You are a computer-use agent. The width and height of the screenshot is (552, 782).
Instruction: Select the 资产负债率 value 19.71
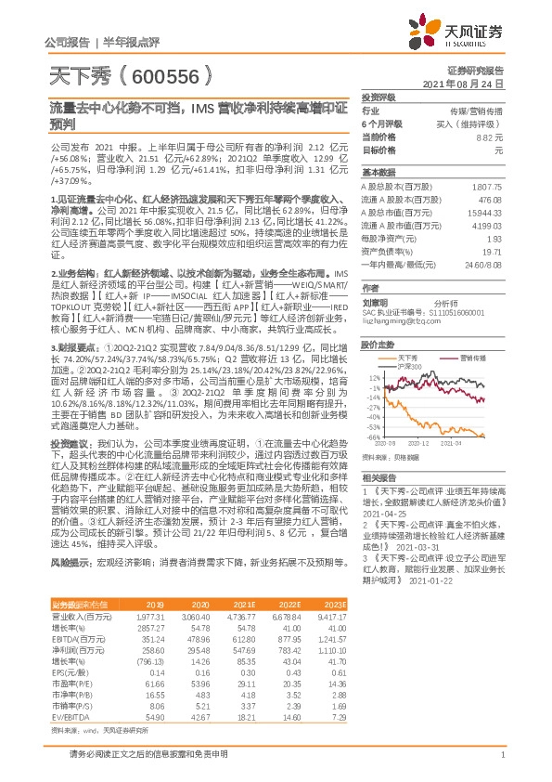click(492, 252)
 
